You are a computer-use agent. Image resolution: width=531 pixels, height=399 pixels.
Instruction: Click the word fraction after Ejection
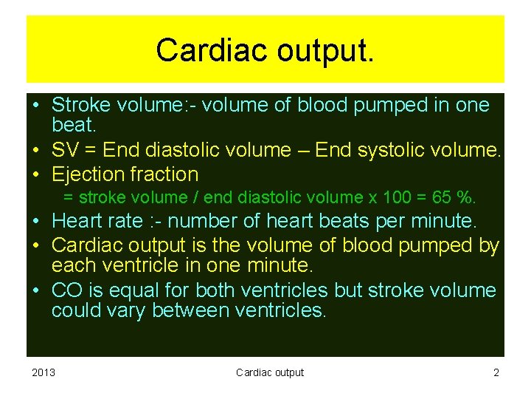(x=164, y=174)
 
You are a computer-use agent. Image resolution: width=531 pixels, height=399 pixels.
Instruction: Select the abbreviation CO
(x=66, y=290)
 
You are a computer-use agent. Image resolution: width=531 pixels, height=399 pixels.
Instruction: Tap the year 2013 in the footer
(x=43, y=372)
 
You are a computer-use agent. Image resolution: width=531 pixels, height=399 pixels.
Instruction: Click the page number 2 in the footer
(x=496, y=372)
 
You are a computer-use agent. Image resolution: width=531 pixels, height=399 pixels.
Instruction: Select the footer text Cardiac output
(x=269, y=372)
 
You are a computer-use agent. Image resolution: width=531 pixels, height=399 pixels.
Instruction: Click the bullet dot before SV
(x=35, y=151)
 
